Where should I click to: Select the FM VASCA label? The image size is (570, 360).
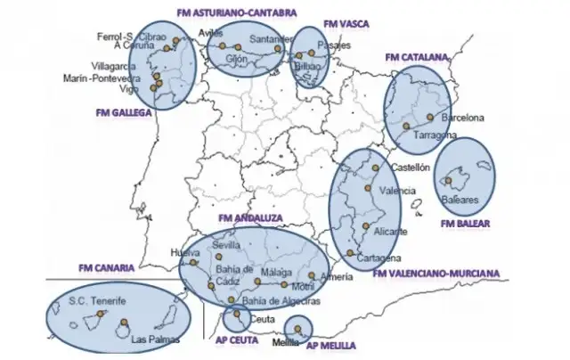[x=346, y=21]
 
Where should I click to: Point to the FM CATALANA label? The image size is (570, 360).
[x=416, y=57]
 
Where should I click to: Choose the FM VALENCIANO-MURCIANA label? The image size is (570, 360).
[x=436, y=273]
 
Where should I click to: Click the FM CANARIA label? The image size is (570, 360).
[x=105, y=266]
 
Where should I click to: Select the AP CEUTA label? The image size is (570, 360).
[x=236, y=340]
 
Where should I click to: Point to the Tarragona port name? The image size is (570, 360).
[x=436, y=135]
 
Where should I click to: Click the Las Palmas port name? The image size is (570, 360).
[x=155, y=340]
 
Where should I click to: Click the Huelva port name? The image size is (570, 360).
[x=184, y=252]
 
